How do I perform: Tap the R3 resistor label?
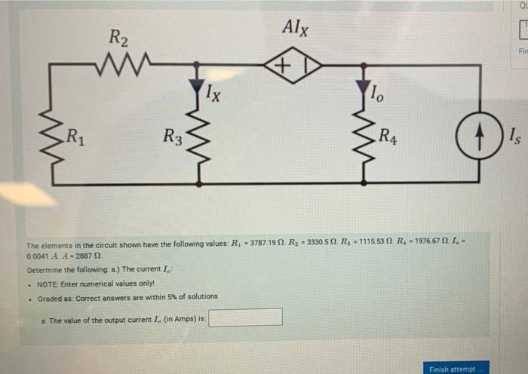point(173,137)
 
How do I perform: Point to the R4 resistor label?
point(390,137)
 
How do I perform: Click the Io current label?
point(379,94)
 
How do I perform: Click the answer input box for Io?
point(246,317)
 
